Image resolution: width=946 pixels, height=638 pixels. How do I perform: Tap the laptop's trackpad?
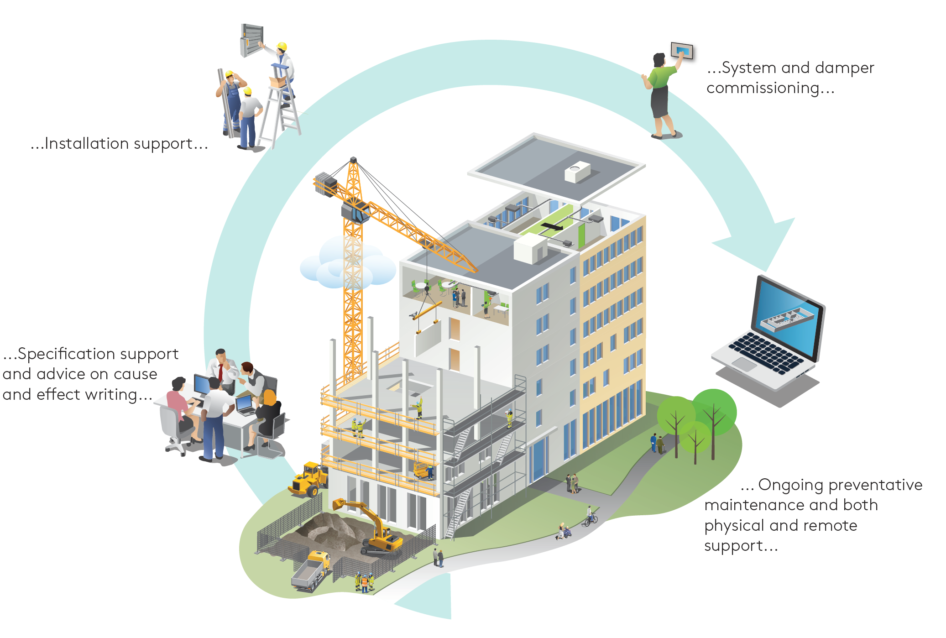pos(744,364)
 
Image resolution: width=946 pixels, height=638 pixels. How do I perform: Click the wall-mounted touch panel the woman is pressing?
pos(682,50)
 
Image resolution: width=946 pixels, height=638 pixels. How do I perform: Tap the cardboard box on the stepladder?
pos(277,82)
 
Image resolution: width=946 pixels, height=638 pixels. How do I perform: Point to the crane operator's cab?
pos(355,212)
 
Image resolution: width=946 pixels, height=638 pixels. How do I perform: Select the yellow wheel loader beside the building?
pos(308,479)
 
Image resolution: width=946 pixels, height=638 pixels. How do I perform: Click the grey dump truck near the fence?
pos(310,570)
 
